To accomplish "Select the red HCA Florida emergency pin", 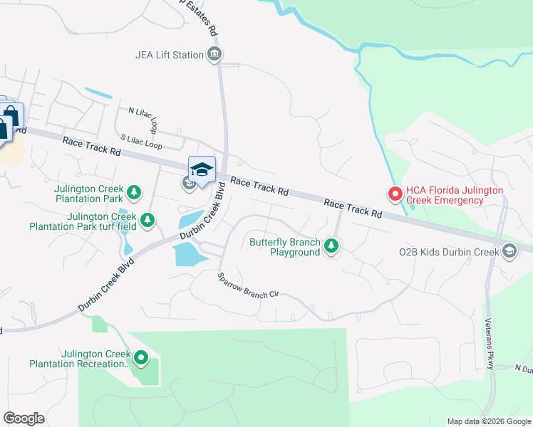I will [x=393, y=193].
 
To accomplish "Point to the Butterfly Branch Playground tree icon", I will [x=331, y=246].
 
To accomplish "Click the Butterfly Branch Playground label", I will [x=284, y=247].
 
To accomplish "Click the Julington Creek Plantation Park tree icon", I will [x=133, y=191].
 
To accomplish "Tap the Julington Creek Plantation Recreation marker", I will [x=140, y=357].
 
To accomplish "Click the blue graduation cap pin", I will [x=202, y=170].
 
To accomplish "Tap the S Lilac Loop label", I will [x=141, y=142].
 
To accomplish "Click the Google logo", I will [x=24, y=418].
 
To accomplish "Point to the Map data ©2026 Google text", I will [x=488, y=421].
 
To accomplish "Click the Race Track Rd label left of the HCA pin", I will [x=353, y=208].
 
